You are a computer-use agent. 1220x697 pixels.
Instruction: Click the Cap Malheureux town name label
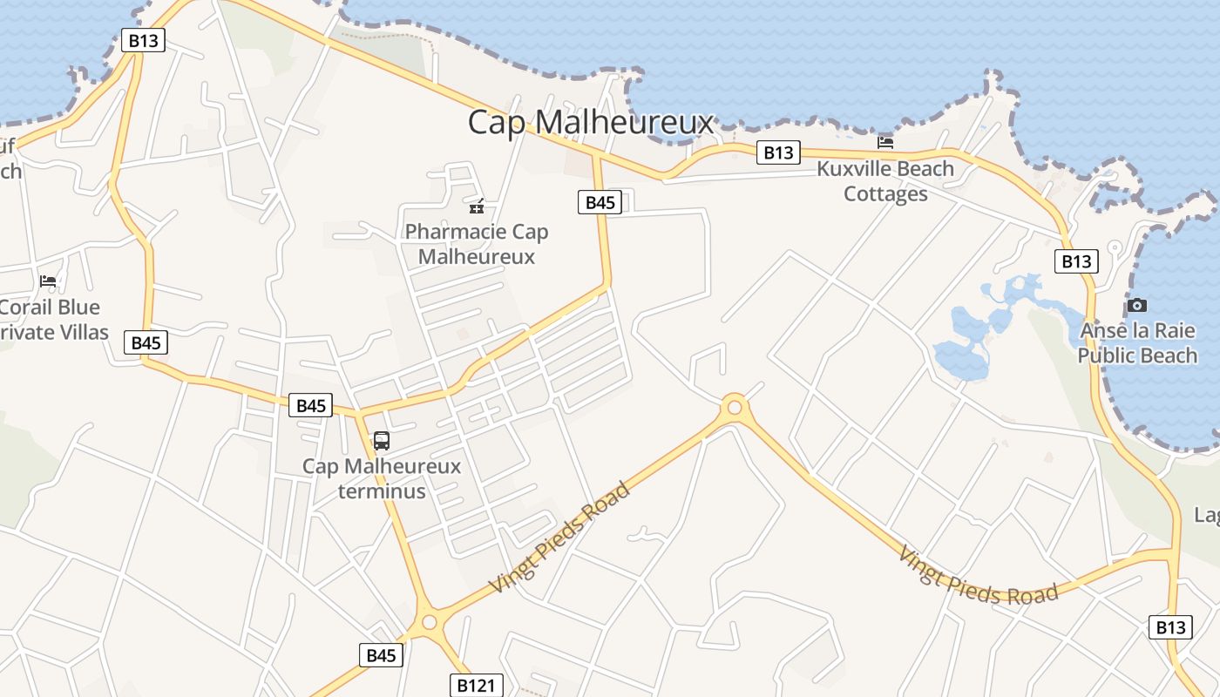click(591, 122)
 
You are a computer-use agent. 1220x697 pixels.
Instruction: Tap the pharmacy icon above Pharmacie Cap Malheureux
click(477, 206)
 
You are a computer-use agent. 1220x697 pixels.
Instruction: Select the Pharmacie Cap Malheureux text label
click(477, 244)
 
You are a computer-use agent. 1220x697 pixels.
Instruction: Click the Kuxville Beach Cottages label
click(885, 181)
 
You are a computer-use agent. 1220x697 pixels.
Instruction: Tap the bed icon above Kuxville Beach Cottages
click(885, 142)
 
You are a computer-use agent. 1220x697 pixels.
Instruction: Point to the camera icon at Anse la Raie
click(1136, 305)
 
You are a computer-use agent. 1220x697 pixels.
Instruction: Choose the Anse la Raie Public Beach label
click(1137, 343)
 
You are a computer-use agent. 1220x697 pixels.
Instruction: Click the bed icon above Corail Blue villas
click(48, 281)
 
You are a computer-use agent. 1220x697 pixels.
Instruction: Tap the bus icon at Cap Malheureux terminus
click(382, 440)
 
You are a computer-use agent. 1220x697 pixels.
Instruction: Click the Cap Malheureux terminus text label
click(382, 478)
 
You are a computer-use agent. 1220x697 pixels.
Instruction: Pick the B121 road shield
click(476, 685)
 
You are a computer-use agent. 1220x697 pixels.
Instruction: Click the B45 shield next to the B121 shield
click(381, 655)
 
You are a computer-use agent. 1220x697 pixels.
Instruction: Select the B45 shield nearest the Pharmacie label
click(600, 203)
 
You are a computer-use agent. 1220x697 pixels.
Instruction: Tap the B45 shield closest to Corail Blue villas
click(146, 342)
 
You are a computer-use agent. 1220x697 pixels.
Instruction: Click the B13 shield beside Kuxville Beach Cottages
click(777, 152)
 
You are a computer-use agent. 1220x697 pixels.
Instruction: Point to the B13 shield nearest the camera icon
click(1076, 261)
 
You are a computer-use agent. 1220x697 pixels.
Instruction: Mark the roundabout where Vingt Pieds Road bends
click(735, 406)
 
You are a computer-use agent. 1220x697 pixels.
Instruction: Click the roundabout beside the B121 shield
click(428, 622)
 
